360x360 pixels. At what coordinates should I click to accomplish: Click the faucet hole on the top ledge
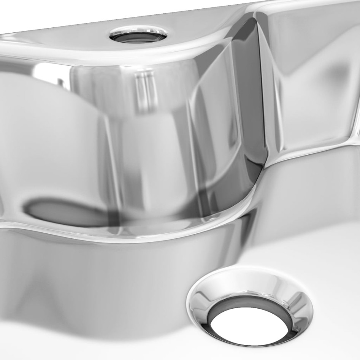click(x=138, y=35)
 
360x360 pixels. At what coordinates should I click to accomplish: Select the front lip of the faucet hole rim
click(x=138, y=41)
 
